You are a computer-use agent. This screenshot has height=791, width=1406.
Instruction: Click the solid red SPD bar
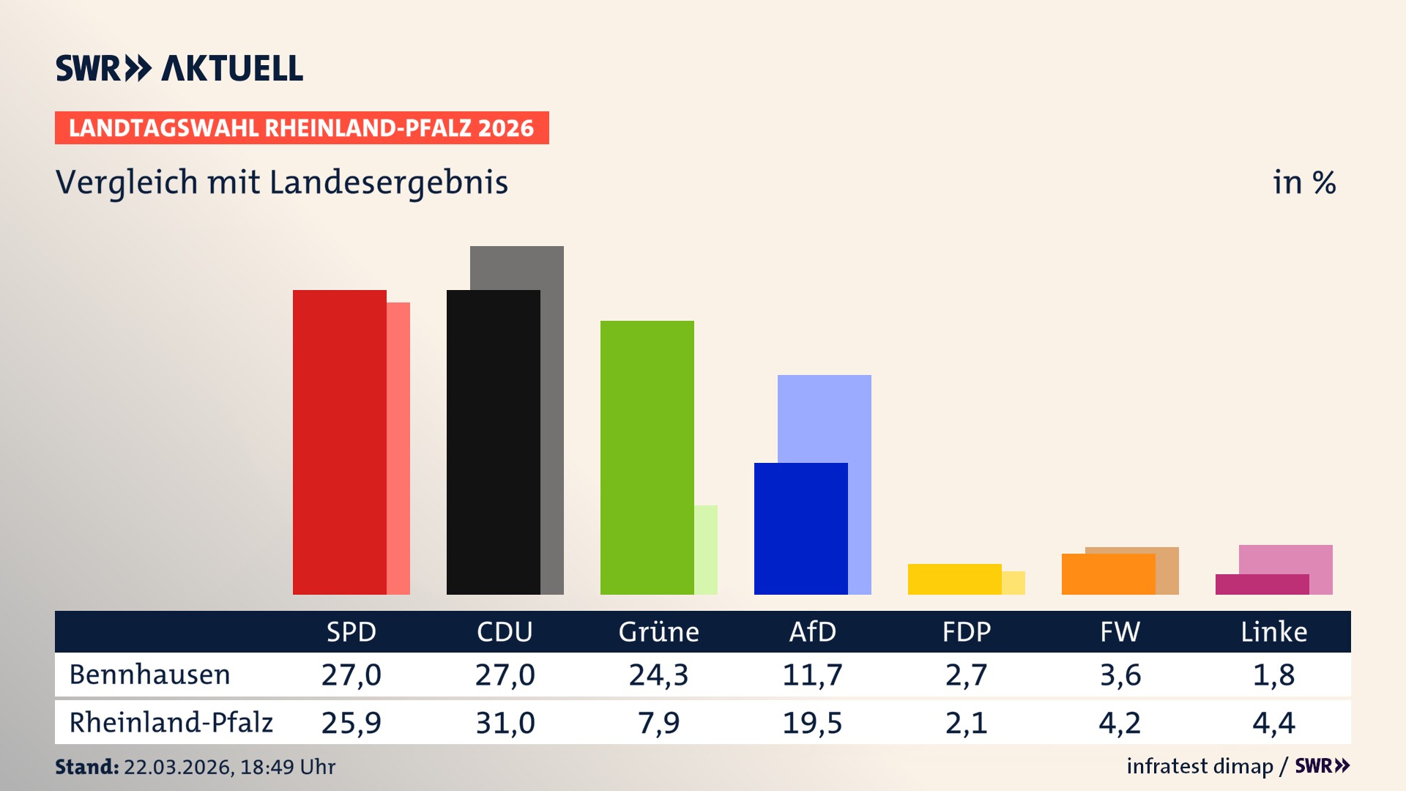[x=339, y=442]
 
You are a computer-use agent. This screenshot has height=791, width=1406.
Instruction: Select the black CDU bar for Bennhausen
[x=493, y=442]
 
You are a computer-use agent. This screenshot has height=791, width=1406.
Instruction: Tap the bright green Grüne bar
[x=647, y=457]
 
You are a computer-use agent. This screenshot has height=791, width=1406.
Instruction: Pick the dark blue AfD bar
[x=800, y=528]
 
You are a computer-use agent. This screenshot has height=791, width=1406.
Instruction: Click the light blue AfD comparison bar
[x=825, y=417]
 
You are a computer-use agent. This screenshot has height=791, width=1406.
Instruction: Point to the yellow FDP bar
[x=954, y=579]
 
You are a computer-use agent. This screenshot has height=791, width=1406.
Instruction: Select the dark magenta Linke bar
[x=1262, y=584]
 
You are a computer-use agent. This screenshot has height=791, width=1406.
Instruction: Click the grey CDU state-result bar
[x=517, y=267]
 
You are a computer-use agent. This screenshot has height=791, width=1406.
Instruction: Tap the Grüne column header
[x=658, y=631]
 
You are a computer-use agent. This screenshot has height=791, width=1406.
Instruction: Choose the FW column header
[x=1120, y=631]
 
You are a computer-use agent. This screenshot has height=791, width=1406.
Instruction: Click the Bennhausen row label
[x=149, y=675]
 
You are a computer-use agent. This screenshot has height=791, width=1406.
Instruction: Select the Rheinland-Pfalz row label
[x=171, y=722]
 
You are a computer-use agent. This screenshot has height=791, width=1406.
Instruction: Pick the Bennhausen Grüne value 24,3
[x=658, y=675]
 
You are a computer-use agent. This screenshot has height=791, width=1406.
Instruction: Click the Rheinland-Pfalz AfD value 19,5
[x=812, y=723]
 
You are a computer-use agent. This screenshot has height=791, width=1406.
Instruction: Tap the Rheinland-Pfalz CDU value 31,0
[x=505, y=723]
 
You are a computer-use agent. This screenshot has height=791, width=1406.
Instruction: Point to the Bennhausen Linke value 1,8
[x=1273, y=675]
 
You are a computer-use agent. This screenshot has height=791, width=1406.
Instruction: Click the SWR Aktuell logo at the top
[x=179, y=68]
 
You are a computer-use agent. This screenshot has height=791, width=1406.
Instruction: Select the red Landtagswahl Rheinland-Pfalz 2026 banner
[x=301, y=127]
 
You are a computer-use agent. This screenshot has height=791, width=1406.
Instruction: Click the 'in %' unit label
[x=1303, y=182]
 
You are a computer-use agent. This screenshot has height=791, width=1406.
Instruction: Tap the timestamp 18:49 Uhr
[x=287, y=767]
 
